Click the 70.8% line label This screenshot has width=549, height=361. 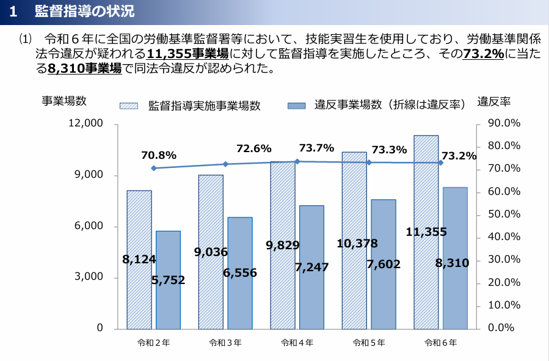[159, 155]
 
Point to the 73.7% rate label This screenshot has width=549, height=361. [316, 148]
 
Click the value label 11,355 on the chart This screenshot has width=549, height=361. [426, 232]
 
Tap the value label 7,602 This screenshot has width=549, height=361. [384, 264]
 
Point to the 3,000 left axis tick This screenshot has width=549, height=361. [90, 277]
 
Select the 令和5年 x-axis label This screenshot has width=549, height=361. [369, 343]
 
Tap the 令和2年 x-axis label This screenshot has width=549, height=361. [153, 343]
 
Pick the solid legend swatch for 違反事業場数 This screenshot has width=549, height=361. [296, 106]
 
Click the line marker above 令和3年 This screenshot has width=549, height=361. [225, 164]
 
